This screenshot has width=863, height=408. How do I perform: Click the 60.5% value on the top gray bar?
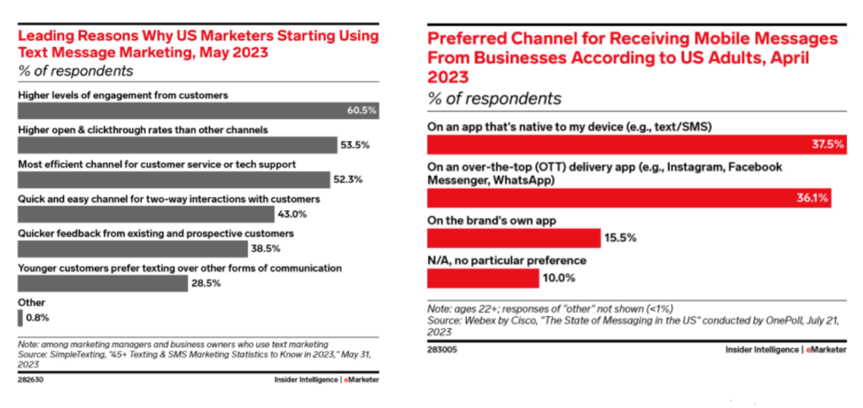pos(361,110)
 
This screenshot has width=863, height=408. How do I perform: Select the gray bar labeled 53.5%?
pos(176,145)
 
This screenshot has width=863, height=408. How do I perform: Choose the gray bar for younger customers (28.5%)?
pos(102,283)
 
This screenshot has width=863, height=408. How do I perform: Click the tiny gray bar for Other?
pos(19,318)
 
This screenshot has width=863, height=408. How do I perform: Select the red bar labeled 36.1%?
pos(629,198)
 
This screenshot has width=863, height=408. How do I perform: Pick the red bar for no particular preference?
pos(483,278)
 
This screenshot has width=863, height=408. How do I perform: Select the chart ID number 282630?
pos(31,380)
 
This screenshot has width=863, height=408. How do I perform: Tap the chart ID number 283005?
pos(442,349)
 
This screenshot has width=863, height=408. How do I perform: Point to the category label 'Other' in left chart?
pos(31,302)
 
